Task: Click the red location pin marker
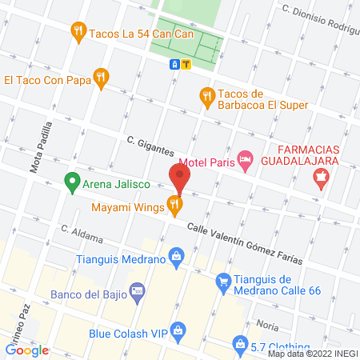tap(179, 178)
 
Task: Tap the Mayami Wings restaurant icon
tap(174, 206)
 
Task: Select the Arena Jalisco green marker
tap(72, 184)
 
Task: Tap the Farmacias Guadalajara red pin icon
tap(322, 180)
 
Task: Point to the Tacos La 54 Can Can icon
tap(78, 34)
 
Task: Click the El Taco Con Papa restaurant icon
tap(100, 78)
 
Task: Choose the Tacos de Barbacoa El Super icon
tap(206, 96)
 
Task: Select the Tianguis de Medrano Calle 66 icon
tap(223, 282)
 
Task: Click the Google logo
tap(27, 350)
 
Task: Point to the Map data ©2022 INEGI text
tap(312, 354)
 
